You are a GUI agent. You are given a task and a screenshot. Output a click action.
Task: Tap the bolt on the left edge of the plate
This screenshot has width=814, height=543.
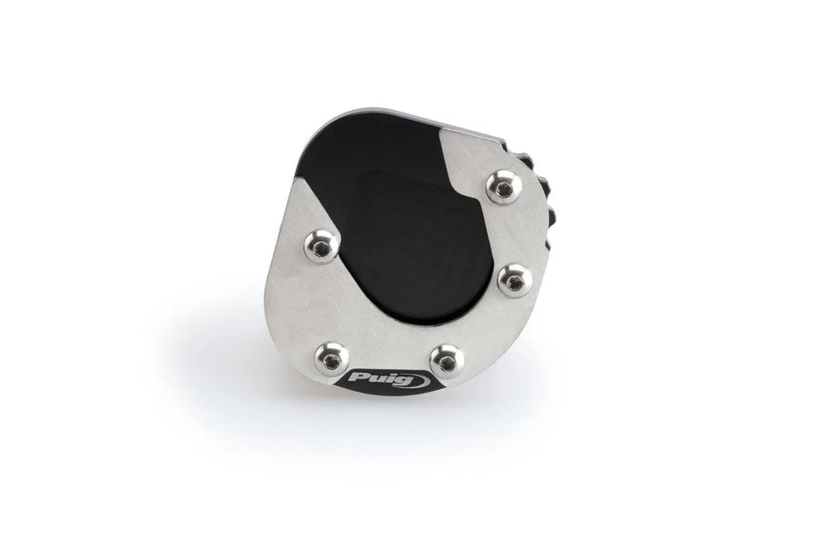click(x=321, y=247)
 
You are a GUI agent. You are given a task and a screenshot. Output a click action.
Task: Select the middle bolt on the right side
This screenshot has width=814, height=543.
click(x=514, y=280)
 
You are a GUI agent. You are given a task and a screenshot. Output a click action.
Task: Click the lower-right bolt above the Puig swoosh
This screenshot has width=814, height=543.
click(x=447, y=361)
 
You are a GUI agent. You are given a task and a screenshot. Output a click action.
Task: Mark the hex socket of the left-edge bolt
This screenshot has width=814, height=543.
click(x=322, y=247)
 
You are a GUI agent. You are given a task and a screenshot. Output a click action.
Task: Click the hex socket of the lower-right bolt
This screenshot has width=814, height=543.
click(x=447, y=362)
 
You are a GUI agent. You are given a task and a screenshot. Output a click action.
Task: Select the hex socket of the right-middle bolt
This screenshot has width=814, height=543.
click(x=514, y=281)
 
